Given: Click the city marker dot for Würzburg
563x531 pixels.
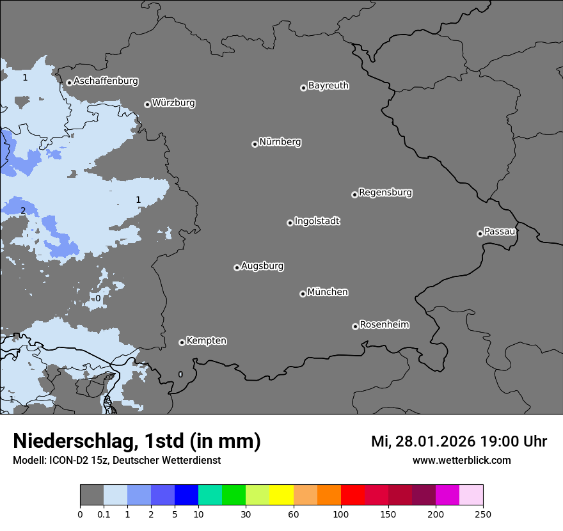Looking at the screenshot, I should click(147, 104).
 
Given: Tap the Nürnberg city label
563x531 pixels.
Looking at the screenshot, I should click(280, 142).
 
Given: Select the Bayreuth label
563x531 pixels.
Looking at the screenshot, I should click(328, 86).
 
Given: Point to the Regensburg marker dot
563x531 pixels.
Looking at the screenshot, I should click(354, 194).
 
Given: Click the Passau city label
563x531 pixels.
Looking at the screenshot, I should click(500, 232).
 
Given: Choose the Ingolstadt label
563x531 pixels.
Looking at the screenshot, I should click(317, 221).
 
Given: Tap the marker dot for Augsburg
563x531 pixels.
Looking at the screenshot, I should click(237, 267).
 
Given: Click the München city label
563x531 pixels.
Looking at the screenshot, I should click(328, 292).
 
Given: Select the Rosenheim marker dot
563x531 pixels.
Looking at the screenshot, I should click(355, 327).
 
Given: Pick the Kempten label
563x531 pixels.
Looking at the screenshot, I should click(206, 341).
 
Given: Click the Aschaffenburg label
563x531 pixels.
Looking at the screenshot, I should click(106, 81).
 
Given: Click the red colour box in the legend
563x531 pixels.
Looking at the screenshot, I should click(353, 495).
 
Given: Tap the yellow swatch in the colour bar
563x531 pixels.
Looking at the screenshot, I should click(281, 495).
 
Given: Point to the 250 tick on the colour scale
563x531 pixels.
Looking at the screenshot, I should click(483, 514).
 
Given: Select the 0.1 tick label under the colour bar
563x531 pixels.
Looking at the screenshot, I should click(104, 514).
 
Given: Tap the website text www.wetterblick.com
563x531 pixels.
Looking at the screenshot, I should click(461, 460).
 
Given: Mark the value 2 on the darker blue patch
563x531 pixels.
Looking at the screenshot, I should click(23, 210).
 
